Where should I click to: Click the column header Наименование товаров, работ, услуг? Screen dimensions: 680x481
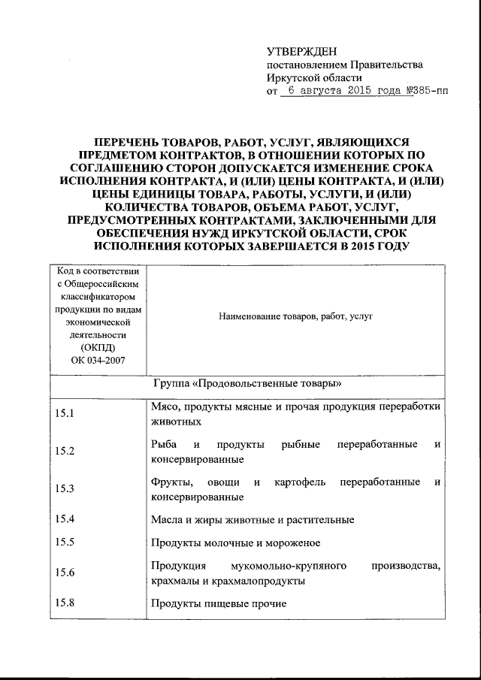[296, 317]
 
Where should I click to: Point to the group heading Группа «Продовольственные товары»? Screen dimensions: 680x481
[241, 382]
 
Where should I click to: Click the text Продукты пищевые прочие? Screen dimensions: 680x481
[218, 603]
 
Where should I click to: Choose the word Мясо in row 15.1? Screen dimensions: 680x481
[164, 406]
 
